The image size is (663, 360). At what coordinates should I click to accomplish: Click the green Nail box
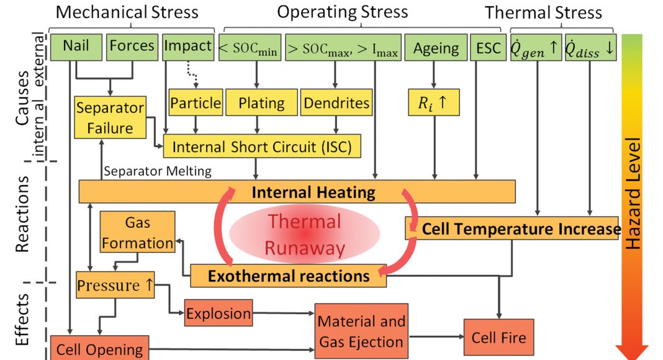(x=76, y=47)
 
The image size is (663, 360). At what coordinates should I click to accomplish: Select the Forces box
(x=132, y=47)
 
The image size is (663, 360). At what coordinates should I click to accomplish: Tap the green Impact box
(x=187, y=47)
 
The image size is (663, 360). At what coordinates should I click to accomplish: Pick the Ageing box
(x=436, y=48)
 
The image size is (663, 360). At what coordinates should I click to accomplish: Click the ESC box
(x=488, y=48)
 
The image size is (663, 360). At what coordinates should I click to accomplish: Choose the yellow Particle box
(x=196, y=102)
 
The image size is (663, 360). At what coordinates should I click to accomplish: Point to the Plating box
(x=261, y=102)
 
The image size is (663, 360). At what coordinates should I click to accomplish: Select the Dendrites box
(x=336, y=102)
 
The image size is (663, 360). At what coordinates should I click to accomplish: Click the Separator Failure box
(x=110, y=117)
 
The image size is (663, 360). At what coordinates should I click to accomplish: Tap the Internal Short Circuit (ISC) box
(x=261, y=146)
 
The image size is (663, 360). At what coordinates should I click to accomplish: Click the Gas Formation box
(x=138, y=232)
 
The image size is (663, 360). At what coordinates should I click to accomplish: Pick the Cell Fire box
(x=498, y=338)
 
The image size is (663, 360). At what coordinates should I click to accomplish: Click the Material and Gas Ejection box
(x=361, y=331)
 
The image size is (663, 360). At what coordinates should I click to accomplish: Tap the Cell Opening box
(x=99, y=348)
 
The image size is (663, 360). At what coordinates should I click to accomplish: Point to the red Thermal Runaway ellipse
(x=304, y=235)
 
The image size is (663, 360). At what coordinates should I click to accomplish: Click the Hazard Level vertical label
(x=634, y=193)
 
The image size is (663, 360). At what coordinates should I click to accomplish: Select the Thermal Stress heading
(x=543, y=12)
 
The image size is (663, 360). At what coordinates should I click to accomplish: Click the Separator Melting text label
(x=158, y=171)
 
